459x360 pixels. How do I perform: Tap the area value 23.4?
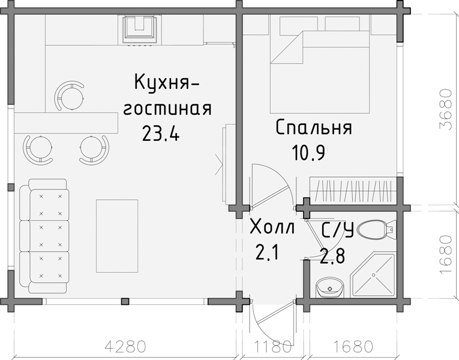160,133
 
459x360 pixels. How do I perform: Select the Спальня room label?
313,128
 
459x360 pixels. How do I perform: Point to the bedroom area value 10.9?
308,154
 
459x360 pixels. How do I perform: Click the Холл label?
272,229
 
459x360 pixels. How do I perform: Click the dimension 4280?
125,346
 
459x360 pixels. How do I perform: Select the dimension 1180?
272,346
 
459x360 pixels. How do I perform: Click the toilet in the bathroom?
379,229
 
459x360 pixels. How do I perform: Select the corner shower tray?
373,275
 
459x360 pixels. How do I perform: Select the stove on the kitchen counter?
141,29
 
